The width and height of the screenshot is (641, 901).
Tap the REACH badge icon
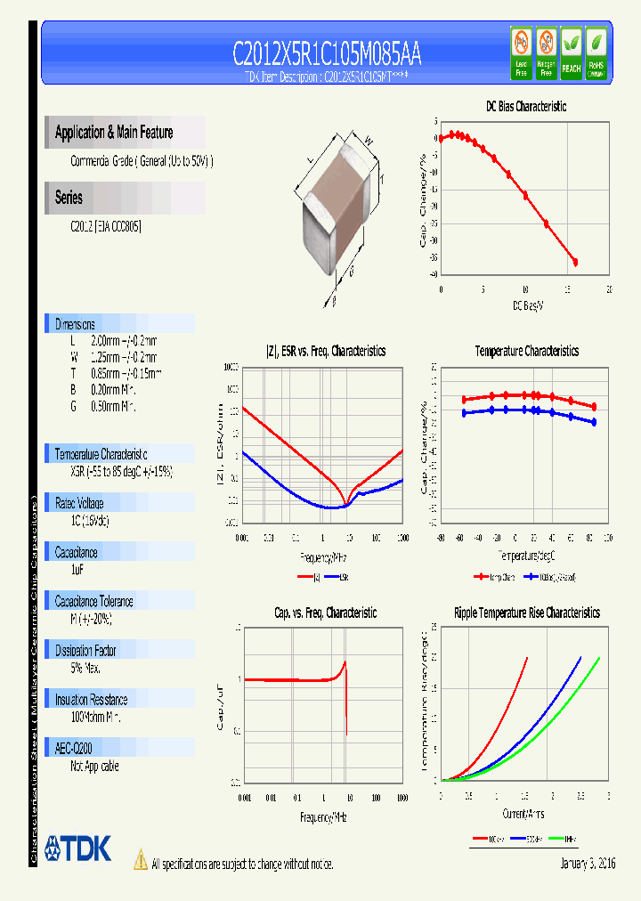pos(571,53)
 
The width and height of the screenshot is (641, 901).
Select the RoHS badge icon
pos(596,53)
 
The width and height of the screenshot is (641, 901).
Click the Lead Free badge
pos(522,53)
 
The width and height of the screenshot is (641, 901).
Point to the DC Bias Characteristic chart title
pos(525,106)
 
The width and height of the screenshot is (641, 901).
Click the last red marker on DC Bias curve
pos(575,262)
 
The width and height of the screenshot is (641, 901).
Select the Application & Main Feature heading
pos(114,133)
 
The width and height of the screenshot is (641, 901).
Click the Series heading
pos(69,198)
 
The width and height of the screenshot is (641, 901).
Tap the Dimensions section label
pos(75,324)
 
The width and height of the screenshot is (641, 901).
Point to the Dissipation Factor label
pos(85,650)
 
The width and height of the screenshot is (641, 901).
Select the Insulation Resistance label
pos(91,700)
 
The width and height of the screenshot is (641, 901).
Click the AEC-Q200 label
pos(75,749)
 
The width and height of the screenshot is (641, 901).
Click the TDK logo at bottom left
pos(77,848)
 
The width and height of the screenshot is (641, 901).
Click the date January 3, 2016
pos(588,864)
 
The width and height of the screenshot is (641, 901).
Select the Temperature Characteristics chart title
pos(526,351)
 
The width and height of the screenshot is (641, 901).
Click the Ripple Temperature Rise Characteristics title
pos(526,613)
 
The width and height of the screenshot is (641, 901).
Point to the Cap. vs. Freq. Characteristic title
pos(325,613)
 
